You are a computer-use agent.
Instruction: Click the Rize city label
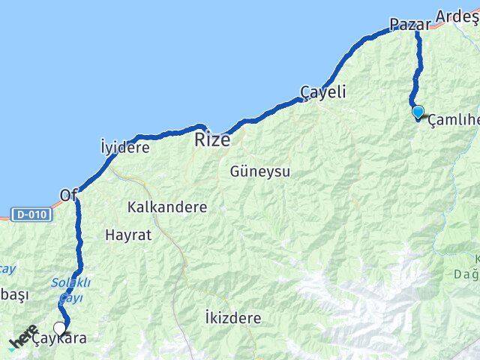pyautogui.click(x=212, y=139)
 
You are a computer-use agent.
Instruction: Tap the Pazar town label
pyautogui.click(x=411, y=24)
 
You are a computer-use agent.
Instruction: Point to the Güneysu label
pyautogui.click(x=259, y=171)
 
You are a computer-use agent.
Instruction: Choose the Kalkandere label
pyautogui.click(x=167, y=206)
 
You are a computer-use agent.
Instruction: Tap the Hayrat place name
pyautogui.click(x=128, y=235)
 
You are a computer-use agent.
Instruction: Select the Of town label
pyautogui.click(x=68, y=196)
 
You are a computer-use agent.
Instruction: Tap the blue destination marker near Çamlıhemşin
pyautogui.click(x=418, y=112)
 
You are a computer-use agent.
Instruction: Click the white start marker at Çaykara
pyautogui.click(x=60, y=328)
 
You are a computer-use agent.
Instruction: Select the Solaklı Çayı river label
pyautogui.click(x=70, y=289)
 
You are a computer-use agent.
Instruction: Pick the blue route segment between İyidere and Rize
pyautogui.click(x=161, y=135)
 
